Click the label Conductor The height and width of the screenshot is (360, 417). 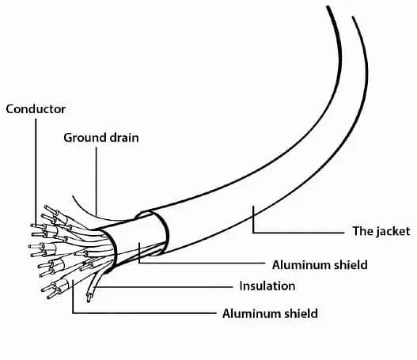pyautogui.click(x=36, y=109)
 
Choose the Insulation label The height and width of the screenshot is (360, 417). pyautogui.click(x=267, y=286)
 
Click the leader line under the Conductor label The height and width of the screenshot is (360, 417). pyautogui.click(x=36, y=172)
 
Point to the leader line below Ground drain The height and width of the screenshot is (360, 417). pyautogui.click(x=97, y=181)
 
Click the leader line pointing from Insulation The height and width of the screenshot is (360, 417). pyautogui.click(x=164, y=287)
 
